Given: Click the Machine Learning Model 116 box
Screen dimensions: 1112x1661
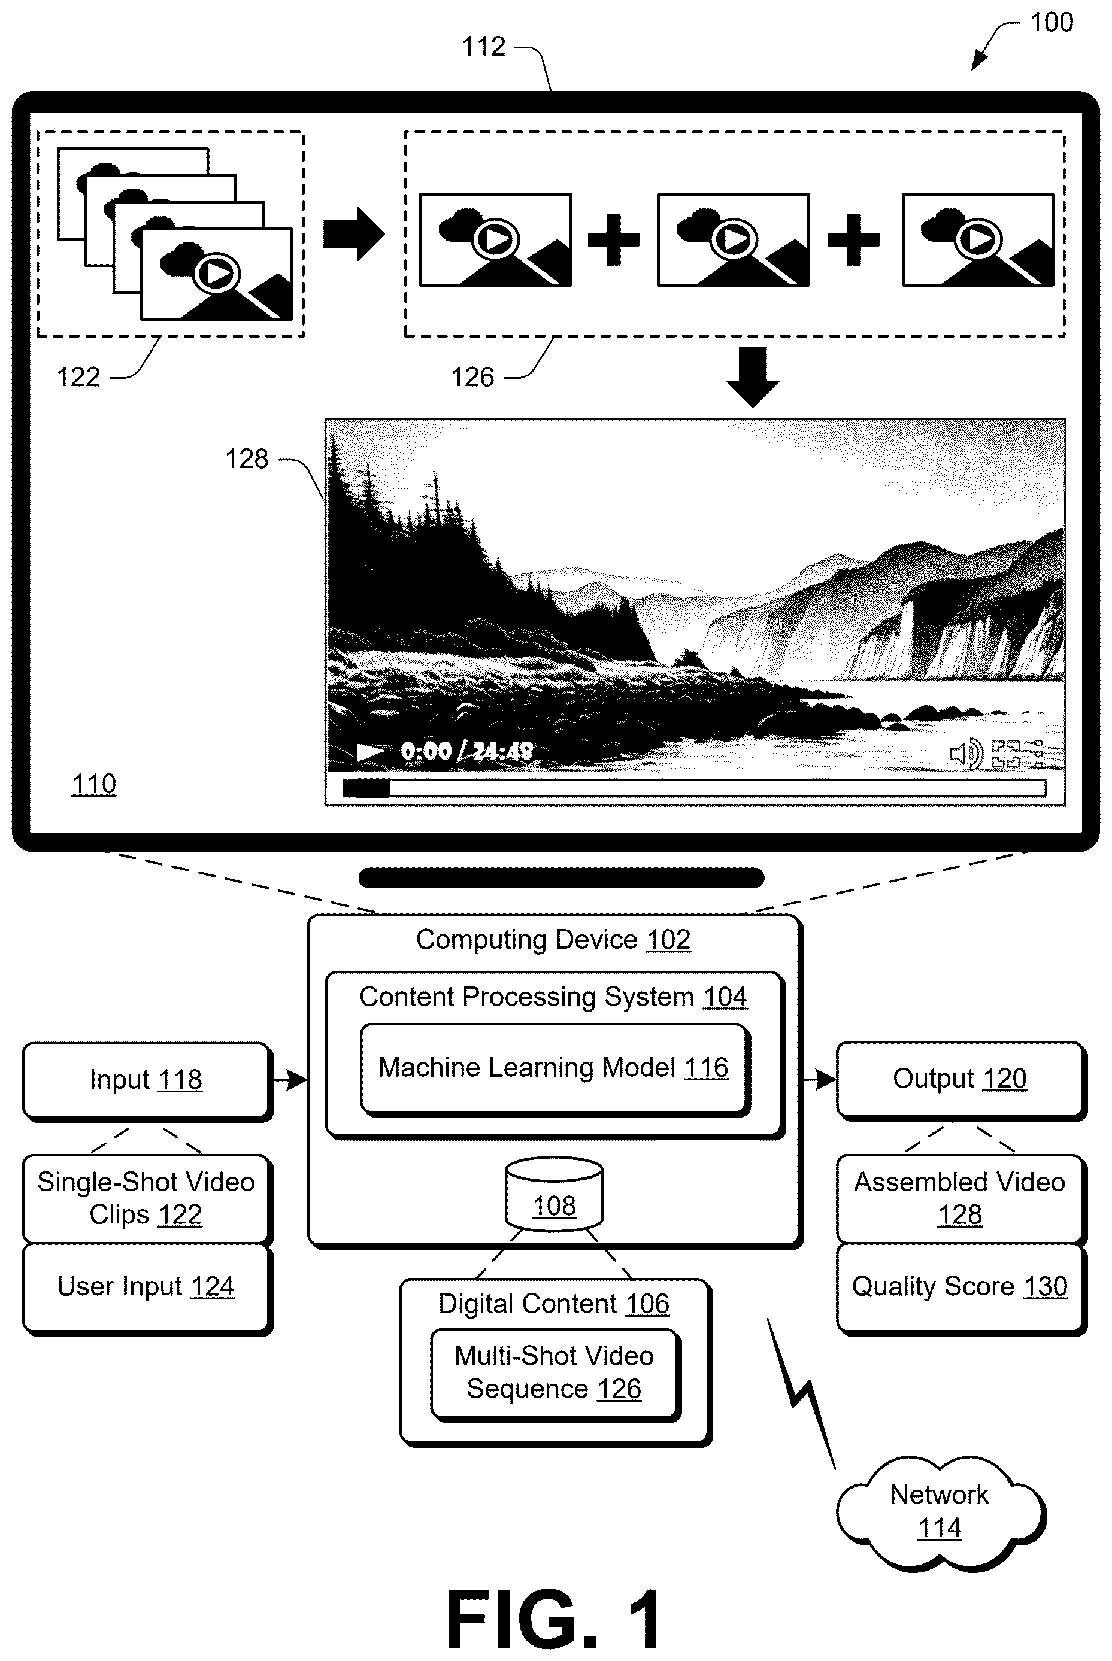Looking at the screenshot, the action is [555, 1069].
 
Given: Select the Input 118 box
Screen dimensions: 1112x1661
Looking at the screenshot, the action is [147, 1081].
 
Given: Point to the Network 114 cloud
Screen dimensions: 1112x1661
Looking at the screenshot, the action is [940, 1511].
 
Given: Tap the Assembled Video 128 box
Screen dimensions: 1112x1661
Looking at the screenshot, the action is [961, 1199].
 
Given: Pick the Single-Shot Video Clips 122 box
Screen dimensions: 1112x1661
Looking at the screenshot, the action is [147, 1199].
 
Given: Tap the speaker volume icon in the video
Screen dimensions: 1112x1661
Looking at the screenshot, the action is [966, 754].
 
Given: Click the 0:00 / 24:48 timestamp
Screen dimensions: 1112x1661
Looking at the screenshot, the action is [466, 751].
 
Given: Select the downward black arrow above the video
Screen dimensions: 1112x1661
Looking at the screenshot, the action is [753, 376].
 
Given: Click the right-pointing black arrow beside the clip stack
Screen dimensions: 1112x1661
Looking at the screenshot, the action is [354, 234].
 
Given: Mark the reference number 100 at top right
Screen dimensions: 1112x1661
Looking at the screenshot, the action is [1051, 23].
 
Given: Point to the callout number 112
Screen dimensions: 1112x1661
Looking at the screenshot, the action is [484, 47].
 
